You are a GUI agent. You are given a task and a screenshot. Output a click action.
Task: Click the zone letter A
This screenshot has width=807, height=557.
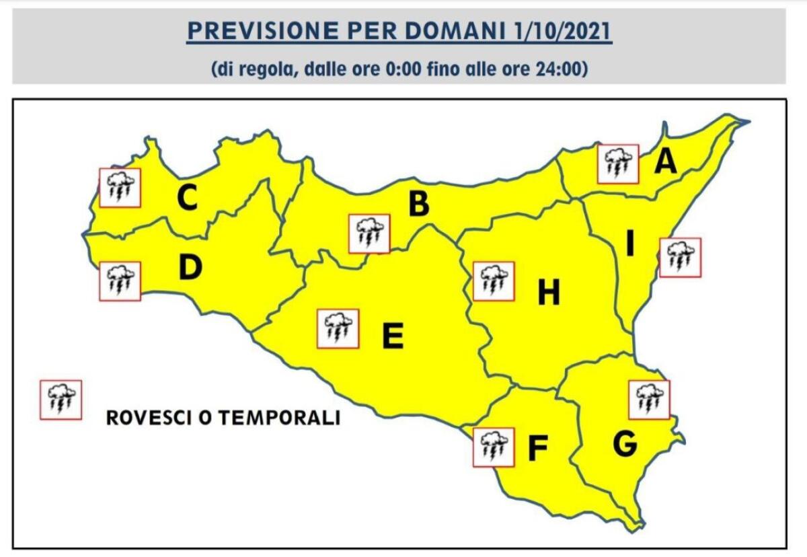tap(665, 161)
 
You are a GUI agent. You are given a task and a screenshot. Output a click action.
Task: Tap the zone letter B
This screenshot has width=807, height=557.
tap(418, 205)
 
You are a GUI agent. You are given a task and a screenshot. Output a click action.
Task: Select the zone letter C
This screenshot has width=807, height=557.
tap(187, 198)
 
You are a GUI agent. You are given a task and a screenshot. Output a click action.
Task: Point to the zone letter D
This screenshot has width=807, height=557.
tap(190, 268)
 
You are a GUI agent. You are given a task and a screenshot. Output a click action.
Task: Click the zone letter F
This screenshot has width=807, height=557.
tap(537, 449)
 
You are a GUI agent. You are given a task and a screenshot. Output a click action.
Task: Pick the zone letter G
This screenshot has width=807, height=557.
tap(625, 443)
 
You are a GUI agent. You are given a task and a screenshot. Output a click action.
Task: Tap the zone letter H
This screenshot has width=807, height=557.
tap(549, 293)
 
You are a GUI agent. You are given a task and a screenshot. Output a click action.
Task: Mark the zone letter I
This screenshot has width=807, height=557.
tap(630, 244)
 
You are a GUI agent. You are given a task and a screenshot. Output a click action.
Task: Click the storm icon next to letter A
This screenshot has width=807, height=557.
tap(618, 163)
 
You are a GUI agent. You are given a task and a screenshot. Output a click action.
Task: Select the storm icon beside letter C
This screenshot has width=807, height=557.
tap(120, 187)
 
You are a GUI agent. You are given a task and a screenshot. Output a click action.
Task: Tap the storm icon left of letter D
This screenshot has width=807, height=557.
tap(120, 281)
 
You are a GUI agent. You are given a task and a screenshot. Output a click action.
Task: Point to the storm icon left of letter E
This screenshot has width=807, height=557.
tap(338, 328)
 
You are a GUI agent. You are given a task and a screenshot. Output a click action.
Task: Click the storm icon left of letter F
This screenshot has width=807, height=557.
tap(494, 447)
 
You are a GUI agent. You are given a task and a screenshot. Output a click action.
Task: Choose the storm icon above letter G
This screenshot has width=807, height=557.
tap(649, 399)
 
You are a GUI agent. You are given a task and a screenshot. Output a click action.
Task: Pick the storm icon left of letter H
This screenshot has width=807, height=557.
tap(494, 281)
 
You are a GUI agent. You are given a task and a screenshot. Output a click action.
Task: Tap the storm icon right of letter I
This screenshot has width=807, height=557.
tap(680, 257)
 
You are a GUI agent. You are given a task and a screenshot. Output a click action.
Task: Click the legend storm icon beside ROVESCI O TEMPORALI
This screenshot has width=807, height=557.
tap(61, 400)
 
